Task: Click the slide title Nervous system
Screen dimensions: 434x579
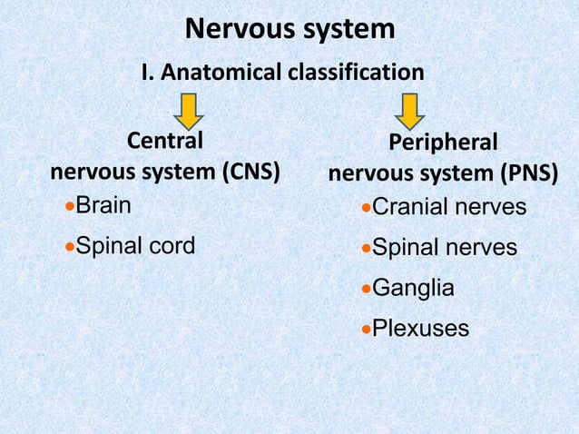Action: (x=289, y=29)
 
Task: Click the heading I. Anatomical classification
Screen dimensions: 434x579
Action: (x=282, y=72)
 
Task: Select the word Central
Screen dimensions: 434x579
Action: (x=164, y=142)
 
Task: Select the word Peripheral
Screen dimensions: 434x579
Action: (x=443, y=143)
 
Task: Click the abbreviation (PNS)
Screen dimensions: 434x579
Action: (x=525, y=173)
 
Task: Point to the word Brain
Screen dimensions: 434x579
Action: (x=103, y=205)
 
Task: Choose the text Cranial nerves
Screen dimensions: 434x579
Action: (x=449, y=208)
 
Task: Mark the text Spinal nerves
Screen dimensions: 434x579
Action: (x=445, y=248)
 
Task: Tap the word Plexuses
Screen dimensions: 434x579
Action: (x=421, y=328)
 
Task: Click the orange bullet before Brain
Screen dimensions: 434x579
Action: (x=69, y=206)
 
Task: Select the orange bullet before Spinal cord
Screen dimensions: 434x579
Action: (x=69, y=246)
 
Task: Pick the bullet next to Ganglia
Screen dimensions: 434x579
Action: (x=366, y=289)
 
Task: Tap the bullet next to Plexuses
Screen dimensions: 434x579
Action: (x=366, y=329)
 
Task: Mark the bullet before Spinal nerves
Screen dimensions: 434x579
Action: (x=366, y=249)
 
